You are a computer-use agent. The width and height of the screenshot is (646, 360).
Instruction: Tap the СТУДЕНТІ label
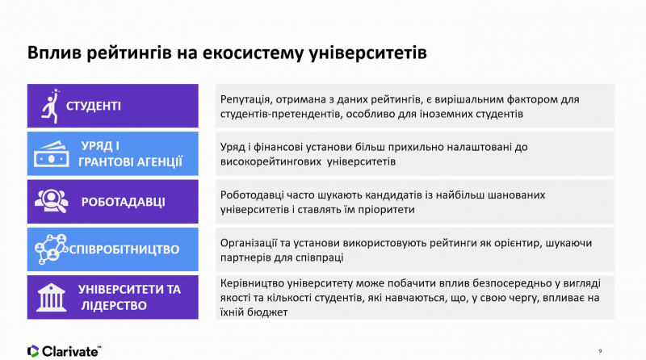[94, 107]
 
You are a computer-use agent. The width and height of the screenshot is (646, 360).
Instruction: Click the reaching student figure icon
[51, 106]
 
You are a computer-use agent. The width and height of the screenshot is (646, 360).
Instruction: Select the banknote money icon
[52, 154]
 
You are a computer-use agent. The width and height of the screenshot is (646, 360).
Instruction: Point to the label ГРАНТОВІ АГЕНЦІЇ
[130, 162]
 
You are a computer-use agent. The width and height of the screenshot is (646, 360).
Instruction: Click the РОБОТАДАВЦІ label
[124, 202]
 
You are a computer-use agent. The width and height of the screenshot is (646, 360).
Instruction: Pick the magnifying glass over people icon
[52, 201]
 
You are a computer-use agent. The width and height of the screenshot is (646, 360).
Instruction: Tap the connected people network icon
[52, 249]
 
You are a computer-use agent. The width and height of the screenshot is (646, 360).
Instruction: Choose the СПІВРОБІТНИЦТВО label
[124, 249]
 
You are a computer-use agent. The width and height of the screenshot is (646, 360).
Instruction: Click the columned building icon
[51, 297]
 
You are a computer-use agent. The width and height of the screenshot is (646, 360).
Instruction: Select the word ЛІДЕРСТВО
[114, 306]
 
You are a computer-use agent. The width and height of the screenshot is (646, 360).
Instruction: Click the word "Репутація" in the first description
[245, 99]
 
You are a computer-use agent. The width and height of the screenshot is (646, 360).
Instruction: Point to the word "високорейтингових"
[271, 161]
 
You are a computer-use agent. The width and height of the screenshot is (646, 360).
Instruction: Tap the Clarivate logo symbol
[33, 351]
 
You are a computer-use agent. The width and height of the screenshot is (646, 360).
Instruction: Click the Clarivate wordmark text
[71, 351]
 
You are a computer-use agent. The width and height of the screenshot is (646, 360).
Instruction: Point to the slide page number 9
[600, 351]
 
